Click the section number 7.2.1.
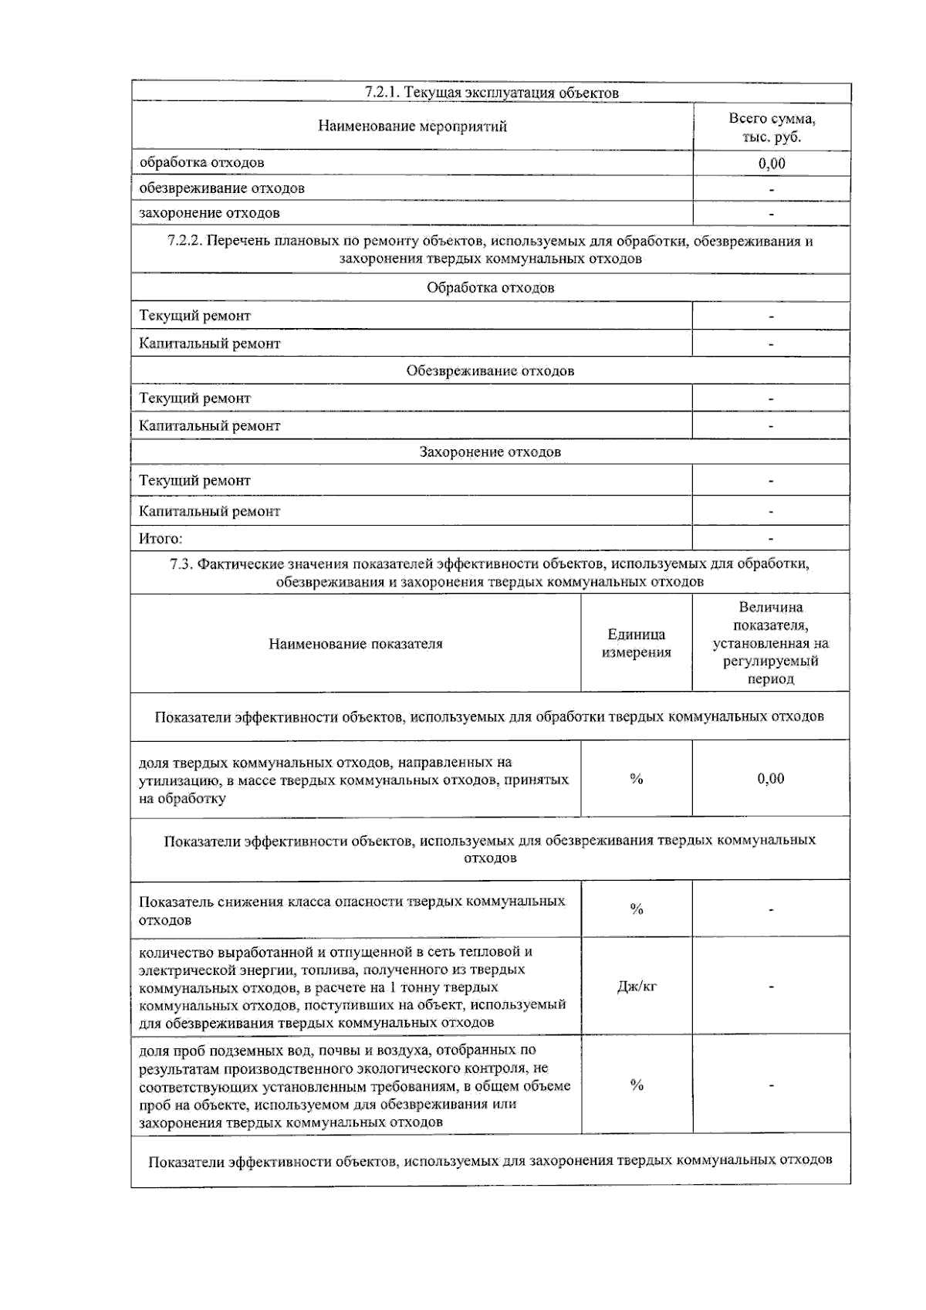(381, 93)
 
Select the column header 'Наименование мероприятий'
(412, 127)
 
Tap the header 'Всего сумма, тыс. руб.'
(772, 128)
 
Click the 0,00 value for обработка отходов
(772, 164)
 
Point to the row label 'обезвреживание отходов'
(221, 188)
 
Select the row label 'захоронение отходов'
(209, 213)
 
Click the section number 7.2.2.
(184, 241)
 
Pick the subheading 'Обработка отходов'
(490, 288)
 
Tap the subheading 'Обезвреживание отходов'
(490, 371)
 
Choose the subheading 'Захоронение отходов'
(490, 452)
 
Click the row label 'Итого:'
(161, 539)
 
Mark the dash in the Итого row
(772, 539)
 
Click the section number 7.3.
(180, 564)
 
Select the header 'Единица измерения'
(636, 644)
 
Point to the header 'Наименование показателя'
(355, 644)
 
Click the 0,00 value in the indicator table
(771, 779)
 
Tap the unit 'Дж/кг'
(637, 987)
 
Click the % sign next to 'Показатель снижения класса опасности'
(637, 909)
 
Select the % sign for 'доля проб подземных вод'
(637, 1085)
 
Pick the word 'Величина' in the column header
(771, 608)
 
